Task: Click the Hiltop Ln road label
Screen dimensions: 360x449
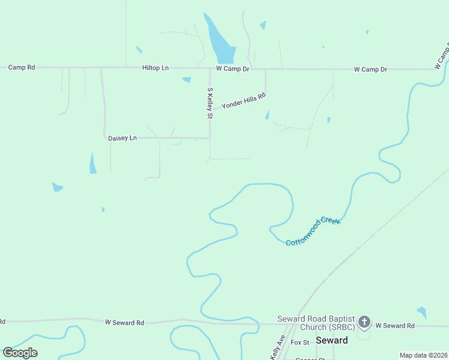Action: pos(155,68)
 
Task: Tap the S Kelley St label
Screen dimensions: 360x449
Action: pos(210,103)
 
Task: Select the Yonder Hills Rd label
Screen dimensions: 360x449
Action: pos(243,101)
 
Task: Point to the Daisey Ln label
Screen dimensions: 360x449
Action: pos(122,138)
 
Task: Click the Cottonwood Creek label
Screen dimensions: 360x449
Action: pos(313,232)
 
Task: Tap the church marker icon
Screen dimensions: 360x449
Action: pos(364,323)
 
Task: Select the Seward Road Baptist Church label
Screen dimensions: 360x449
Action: pos(316,323)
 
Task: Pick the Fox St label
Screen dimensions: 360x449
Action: pos(300,343)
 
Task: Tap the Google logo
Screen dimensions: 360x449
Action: pos(20,353)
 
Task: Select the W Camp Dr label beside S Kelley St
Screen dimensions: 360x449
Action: pos(232,69)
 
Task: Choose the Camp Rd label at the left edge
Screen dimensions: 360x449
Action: pos(22,67)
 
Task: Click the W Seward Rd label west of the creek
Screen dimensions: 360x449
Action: pos(124,323)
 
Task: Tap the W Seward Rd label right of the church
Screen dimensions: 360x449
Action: pos(395,326)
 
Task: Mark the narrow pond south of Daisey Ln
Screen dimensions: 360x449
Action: pos(92,163)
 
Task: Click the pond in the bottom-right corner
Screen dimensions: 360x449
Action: pos(422,313)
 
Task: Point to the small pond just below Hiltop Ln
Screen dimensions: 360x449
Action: pos(187,79)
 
